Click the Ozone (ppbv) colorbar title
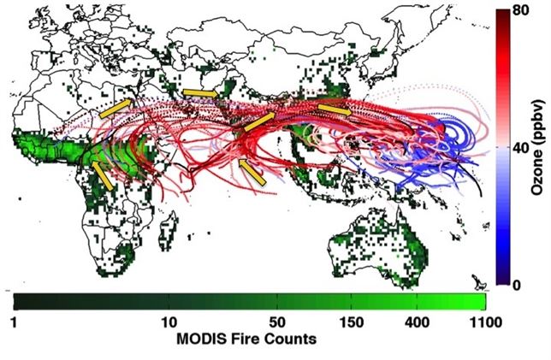pyautogui.click(x=537, y=150)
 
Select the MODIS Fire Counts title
pyautogui.click(x=248, y=339)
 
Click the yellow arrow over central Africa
pyautogui.click(x=104, y=174)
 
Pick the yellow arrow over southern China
pyautogui.click(x=335, y=109)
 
